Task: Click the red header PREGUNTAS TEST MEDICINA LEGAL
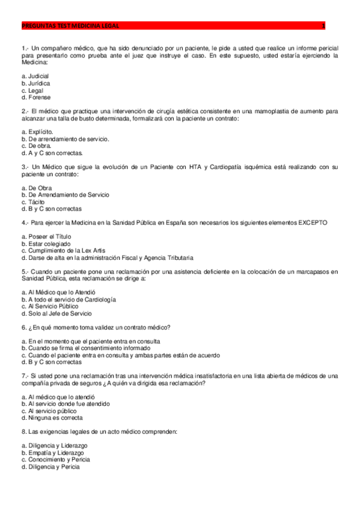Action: point(70,26)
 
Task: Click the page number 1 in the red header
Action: point(323,26)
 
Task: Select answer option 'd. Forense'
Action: point(35,97)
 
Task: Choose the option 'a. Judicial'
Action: point(35,76)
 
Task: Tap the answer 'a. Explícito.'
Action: point(37,132)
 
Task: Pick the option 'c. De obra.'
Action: point(36,146)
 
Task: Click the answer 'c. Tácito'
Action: point(34,202)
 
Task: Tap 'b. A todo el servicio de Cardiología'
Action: point(68,299)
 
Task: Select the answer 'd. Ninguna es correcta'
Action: point(52,417)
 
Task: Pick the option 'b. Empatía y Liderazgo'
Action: point(52,452)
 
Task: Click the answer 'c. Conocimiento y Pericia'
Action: point(56,459)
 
